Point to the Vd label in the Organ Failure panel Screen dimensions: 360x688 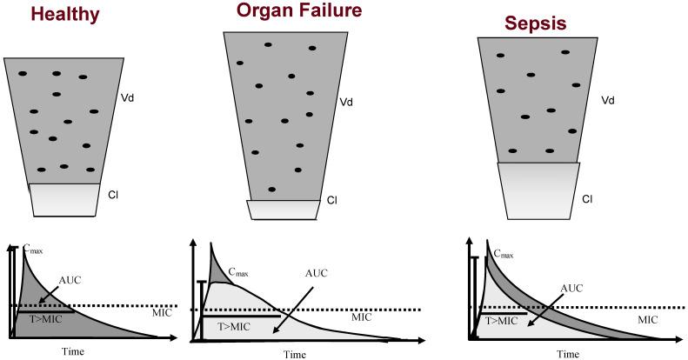345,103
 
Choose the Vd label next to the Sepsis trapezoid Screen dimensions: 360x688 608,103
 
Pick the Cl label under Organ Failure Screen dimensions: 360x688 331,202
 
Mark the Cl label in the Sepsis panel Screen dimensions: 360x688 587,200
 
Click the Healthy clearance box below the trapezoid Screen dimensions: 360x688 64,199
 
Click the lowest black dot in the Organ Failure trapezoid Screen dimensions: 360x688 272,189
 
